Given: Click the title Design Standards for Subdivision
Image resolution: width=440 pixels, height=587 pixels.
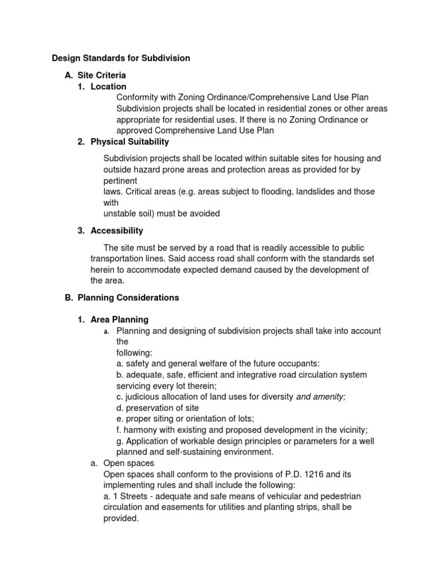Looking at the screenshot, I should [x=121, y=58].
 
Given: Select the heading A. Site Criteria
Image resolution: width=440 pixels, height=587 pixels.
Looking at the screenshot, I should [x=96, y=75].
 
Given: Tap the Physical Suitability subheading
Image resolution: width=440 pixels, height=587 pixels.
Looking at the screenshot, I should [x=129, y=142].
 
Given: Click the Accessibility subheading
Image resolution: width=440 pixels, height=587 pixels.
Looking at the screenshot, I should [x=117, y=230].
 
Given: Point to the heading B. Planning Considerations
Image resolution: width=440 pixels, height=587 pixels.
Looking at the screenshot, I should [x=122, y=298].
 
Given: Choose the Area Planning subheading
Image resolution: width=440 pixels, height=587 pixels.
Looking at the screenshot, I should [x=119, y=319].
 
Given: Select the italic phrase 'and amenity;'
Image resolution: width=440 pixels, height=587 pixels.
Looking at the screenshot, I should [x=320, y=397].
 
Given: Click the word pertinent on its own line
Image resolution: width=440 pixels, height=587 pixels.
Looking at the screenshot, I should [x=120, y=181].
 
